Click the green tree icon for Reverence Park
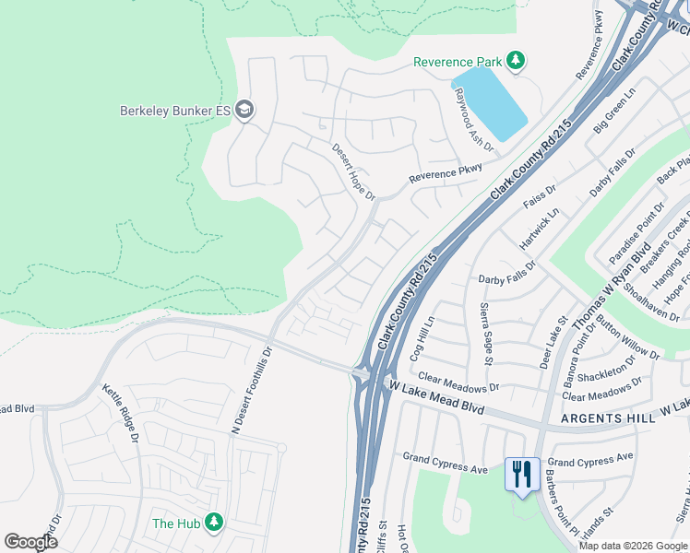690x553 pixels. pos(516,62)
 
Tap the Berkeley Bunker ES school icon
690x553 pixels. pos(244,111)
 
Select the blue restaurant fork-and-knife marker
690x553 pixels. pos(522,475)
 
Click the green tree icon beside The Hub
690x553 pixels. pos(214,524)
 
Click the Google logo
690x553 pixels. pos(30,542)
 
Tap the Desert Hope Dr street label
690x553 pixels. pos(354,171)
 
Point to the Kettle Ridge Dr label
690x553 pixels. pos(120,414)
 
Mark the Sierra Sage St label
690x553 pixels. pos(484,329)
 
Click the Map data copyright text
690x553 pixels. pos(632,546)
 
